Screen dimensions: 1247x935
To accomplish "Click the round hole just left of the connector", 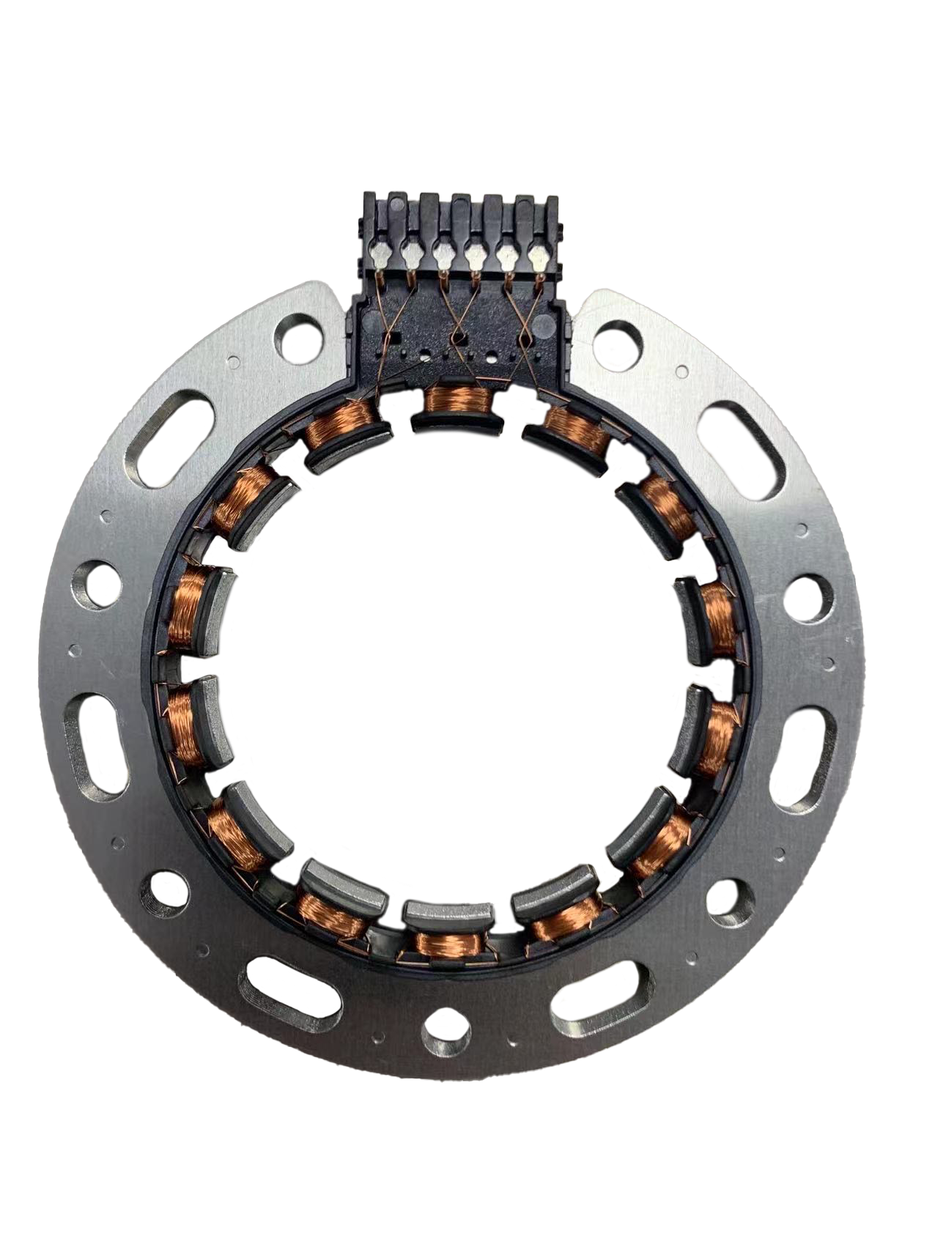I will coord(297,338).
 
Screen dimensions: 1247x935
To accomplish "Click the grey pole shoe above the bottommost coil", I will coord(446,914).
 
